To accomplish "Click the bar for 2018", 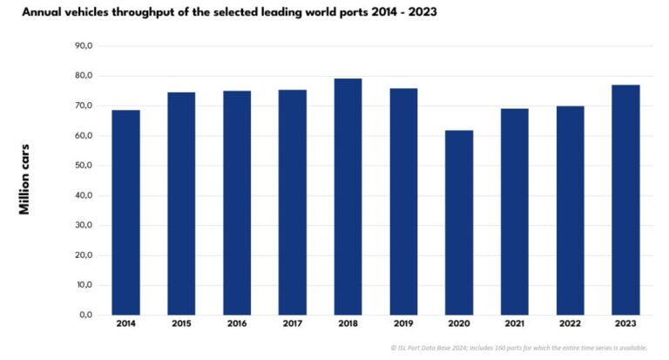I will point(348,196).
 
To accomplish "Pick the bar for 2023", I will point(625,200).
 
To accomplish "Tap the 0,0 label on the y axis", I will point(85,315).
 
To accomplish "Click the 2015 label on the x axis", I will point(181,325).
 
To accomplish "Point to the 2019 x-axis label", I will point(403,325).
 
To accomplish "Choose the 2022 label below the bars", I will point(571,325).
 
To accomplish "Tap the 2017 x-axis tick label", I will point(293,325).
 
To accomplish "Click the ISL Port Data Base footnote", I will point(518,347).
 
